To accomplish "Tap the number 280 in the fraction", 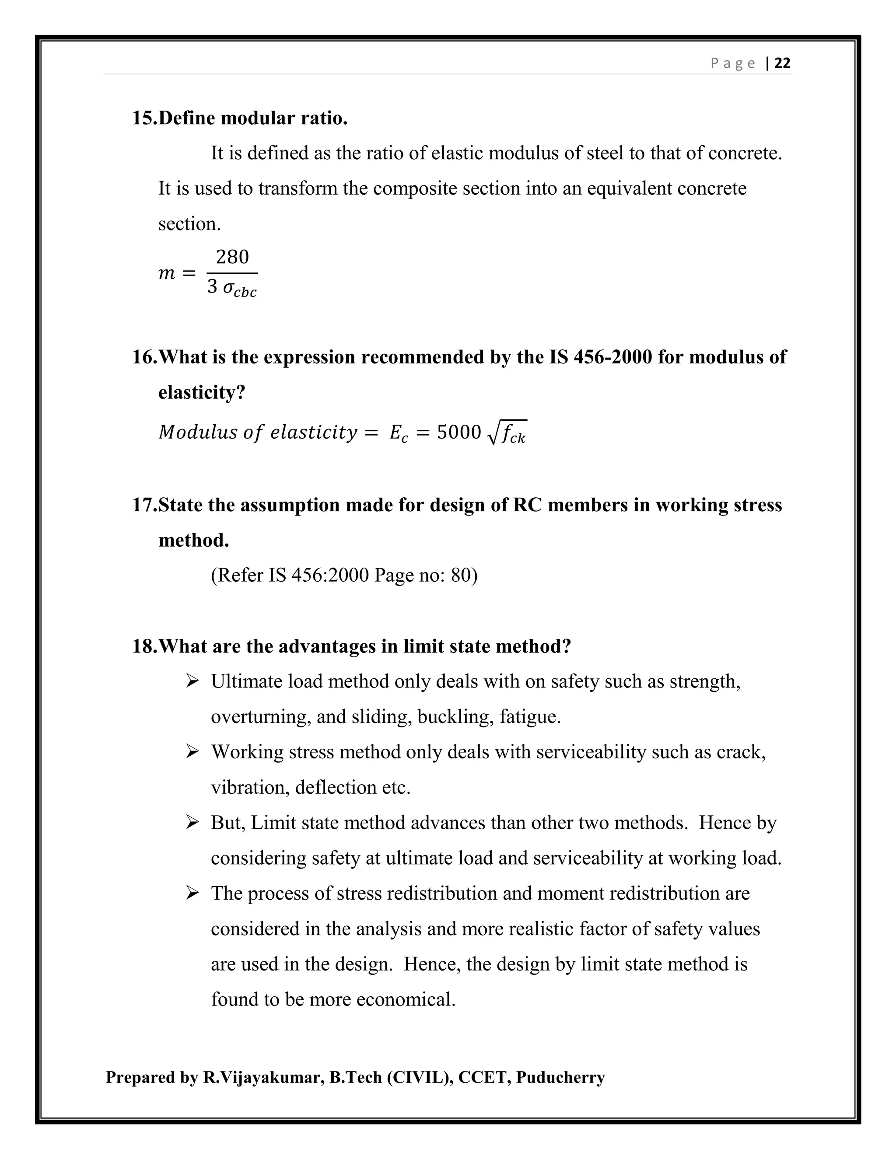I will [x=232, y=257].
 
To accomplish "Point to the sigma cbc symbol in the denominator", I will [x=239, y=289].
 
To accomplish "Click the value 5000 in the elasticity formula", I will [x=458, y=433].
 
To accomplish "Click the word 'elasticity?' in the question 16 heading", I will [x=202, y=393].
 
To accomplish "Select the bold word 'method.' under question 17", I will [x=194, y=540].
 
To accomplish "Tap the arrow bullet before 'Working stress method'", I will [x=192, y=751].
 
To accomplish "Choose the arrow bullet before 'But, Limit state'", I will [x=192, y=822].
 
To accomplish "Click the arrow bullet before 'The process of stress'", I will [x=192, y=893].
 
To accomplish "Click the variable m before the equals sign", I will [x=167, y=273].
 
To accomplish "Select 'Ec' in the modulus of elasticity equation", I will [x=399, y=433].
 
